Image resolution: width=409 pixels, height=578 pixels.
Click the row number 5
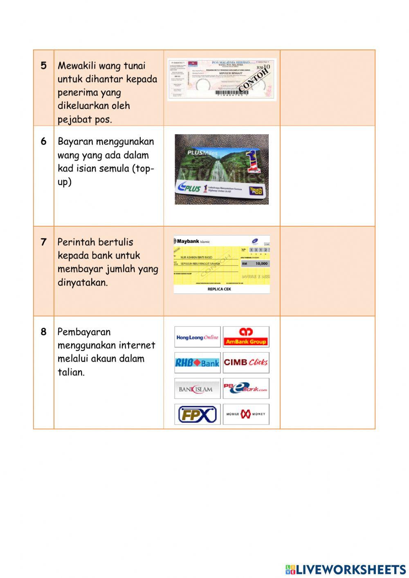pyautogui.click(x=43, y=65)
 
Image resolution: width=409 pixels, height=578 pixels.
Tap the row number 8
pyautogui.click(x=43, y=332)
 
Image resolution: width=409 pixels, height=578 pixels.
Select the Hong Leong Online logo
pyautogui.click(x=198, y=337)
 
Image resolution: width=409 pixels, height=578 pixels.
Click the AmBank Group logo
pyautogui.click(x=246, y=337)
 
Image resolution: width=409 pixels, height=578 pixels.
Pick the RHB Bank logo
pyautogui.click(x=198, y=363)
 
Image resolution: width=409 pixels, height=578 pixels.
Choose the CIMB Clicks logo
pyautogui.click(x=246, y=362)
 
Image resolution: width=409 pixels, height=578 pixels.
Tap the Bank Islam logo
pyautogui.click(x=198, y=389)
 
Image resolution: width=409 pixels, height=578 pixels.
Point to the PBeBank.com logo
pyautogui.click(x=246, y=388)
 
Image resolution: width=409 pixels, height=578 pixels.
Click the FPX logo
pyautogui.click(x=198, y=414)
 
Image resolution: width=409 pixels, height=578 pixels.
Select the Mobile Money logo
pyautogui.click(x=246, y=414)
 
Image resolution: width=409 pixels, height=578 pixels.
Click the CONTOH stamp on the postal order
pyautogui.click(x=254, y=80)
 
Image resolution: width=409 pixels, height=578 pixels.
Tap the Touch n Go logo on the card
pyautogui.click(x=256, y=191)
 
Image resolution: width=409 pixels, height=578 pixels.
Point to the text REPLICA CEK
pyautogui.click(x=219, y=289)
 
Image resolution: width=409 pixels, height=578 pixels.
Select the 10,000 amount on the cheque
pyautogui.click(x=261, y=264)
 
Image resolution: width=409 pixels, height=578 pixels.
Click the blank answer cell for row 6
pyautogui.click(x=327, y=176)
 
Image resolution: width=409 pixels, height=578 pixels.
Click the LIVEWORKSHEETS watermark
pyautogui.click(x=346, y=569)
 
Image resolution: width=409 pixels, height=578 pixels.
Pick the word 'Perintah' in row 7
pyautogui.click(x=75, y=242)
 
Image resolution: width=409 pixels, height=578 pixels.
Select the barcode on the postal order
pyautogui.click(x=231, y=93)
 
